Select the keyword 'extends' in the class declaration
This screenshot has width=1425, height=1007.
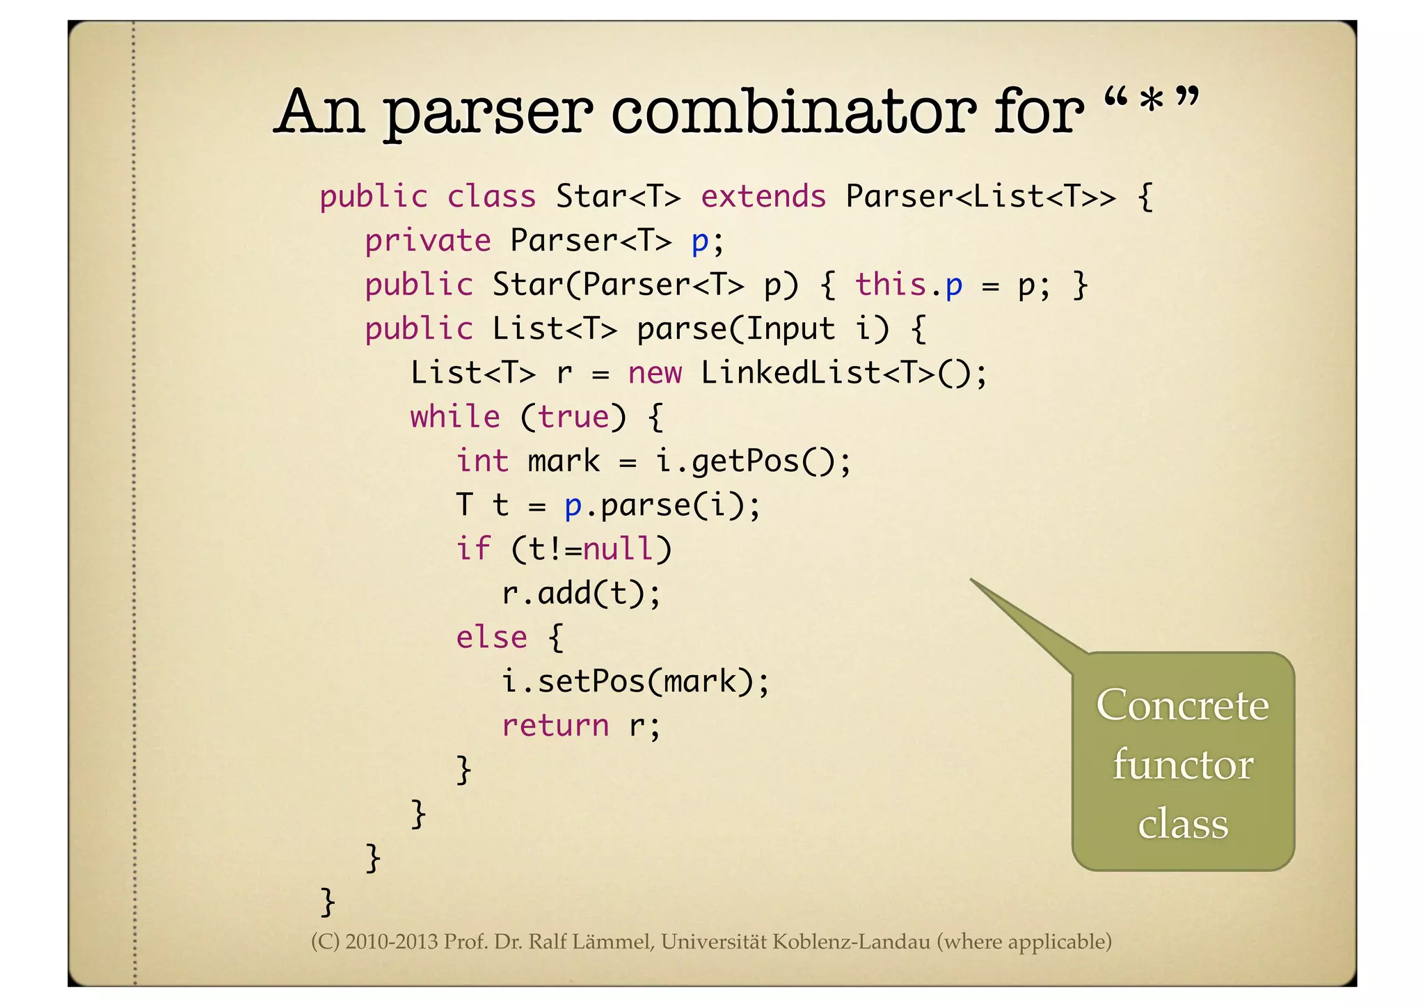click(x=763, y=196)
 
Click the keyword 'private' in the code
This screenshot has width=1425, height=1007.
click(x=427, y=241)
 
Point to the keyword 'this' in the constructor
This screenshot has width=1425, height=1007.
click(x=891, y=285)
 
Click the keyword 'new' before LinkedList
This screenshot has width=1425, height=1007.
click(x=655, y=373)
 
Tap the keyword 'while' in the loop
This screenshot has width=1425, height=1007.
click(x=455, y=417)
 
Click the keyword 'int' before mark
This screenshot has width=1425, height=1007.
click(x=482, y=461)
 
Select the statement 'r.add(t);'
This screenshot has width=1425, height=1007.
click(x=581, y=594)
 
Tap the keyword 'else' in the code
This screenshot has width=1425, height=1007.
click(x=491, y=637)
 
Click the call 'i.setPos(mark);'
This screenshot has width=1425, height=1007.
click(x=635, y=681)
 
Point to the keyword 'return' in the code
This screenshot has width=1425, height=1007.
click(x=555, y=726)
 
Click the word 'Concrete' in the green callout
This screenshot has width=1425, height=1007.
click(x=1182, y=705)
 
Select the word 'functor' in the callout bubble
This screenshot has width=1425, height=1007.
click(x=1182, y=765)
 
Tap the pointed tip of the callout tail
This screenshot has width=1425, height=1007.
click(x=971, y=579)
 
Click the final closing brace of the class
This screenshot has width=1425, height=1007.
click(x=327, y=902)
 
